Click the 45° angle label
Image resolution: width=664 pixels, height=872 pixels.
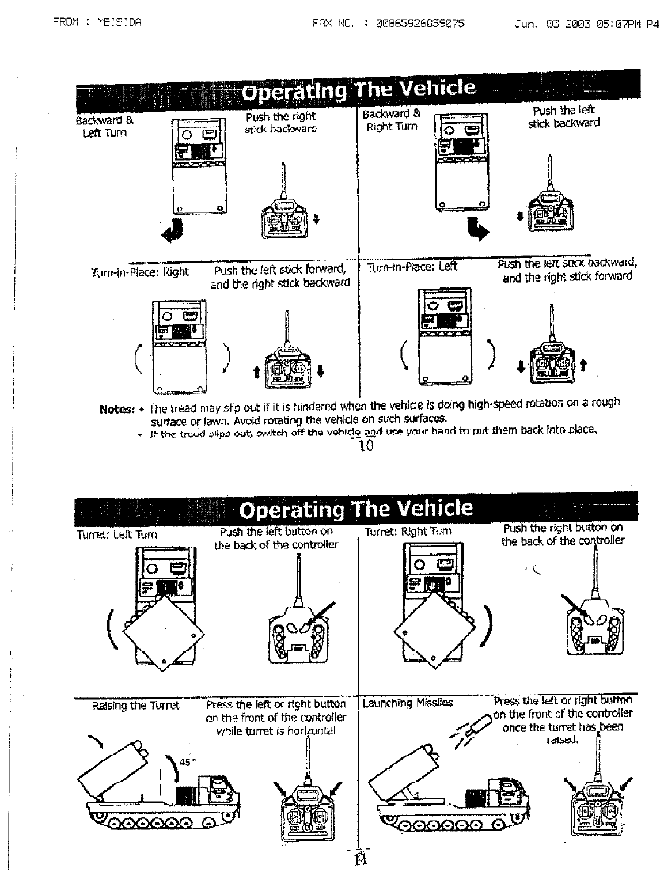[x=188, y=761]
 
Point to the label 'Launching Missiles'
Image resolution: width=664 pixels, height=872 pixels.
[x=407, y=703]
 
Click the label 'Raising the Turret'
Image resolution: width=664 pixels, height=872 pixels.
[x=136, y=706]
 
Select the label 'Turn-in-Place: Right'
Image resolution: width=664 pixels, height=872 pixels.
[x=140, y=272]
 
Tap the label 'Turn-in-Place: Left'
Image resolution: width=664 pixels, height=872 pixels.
[x=412, y=267]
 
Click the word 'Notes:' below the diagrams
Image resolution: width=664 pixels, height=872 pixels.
[x=117, y=409]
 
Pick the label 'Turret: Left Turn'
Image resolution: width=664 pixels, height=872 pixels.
[x=117, y=534]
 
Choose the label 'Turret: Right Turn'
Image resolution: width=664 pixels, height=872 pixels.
[x=408, y=532]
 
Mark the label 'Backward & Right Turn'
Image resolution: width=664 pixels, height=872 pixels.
[x=392, y=120]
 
